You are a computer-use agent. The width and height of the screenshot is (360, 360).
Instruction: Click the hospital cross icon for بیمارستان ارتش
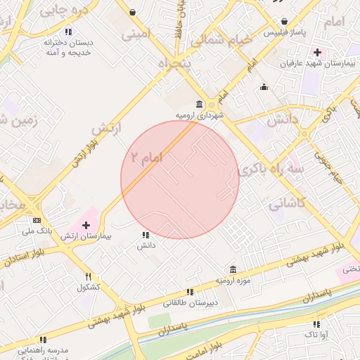click(x=86, y=225)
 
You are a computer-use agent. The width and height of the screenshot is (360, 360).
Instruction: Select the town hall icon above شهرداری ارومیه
click(x=200, y=104)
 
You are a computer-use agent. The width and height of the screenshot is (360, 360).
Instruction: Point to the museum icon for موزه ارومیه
click(x=233, y=269)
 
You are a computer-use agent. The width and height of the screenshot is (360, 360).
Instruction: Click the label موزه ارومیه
click(x=233, y=281)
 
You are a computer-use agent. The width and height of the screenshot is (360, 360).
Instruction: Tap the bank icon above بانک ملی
click(x=37, y=219)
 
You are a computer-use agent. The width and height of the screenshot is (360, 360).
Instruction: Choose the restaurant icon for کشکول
click(x=88, y=276)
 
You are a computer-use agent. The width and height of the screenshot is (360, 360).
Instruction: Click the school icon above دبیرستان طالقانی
click(x=190, y=292)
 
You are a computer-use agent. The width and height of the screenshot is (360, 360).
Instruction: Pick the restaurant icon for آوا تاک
click(x=316, y=324)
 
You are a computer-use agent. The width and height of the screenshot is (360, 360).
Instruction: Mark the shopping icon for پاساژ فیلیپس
click(x=284, y=21)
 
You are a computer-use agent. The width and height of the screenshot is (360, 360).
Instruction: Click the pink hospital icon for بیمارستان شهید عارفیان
click(x=318, y=52)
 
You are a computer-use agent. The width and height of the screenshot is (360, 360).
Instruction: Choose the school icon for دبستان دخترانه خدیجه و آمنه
click(x=68, y=32)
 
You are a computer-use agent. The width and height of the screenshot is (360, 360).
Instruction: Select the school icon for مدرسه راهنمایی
click(x=44, y=340)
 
